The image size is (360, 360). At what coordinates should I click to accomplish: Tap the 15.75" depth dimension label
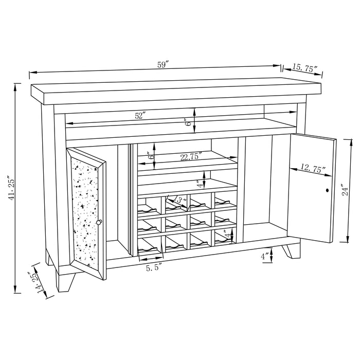tap(305, 68)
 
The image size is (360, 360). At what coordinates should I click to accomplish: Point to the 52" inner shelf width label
tap(140, 116)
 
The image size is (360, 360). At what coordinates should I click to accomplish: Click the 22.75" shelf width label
tap(191, 156)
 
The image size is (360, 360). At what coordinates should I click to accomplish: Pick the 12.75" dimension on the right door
tap(311, 168)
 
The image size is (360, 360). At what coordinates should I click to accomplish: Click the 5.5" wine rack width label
tap(154, 267)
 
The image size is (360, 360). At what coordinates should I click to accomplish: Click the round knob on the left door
tap(99, 222)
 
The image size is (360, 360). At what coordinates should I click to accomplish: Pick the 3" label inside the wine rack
tap(179, 200)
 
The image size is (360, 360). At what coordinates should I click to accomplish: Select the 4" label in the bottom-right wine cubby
tap(229, 236)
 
